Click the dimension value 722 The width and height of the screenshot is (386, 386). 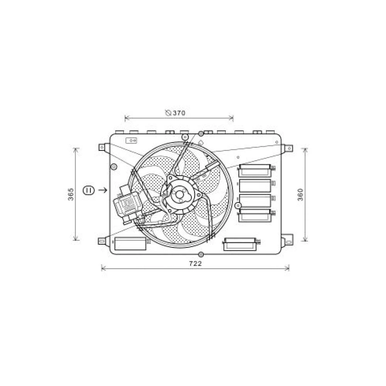[x=195, y=264]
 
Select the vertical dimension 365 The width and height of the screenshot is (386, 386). [x=71, y=194]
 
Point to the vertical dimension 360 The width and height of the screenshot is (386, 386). [x=301, y=195]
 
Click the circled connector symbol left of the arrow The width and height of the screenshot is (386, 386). [x=89, y=190]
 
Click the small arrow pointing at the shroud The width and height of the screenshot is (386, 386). [x=102, y=190]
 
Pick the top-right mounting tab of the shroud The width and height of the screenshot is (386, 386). [x=287, y=148]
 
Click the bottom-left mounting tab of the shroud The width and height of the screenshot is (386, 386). [x=103, y=241]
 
